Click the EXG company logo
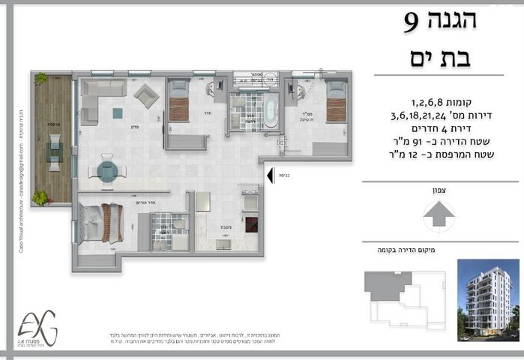pyautogui.click(x=38, y=328)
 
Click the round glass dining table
pyautogui.click(x=107, y=172)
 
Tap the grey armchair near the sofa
pyautogui.click(x=146, y=95)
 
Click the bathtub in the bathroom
pyautogui.click(x=268, y=111)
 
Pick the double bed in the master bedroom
pyautogui.click(x=101, y=223)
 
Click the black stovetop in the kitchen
pyautogui.click(x=251, y=223)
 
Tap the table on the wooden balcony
pyautogui.click(x=54, y=148)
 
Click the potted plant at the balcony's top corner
pyautogui.click(x=40, y=77)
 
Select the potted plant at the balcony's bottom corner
pyautogui.click(x=40, y=198)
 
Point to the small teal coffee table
pyautogui.click(x=118, y=113)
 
